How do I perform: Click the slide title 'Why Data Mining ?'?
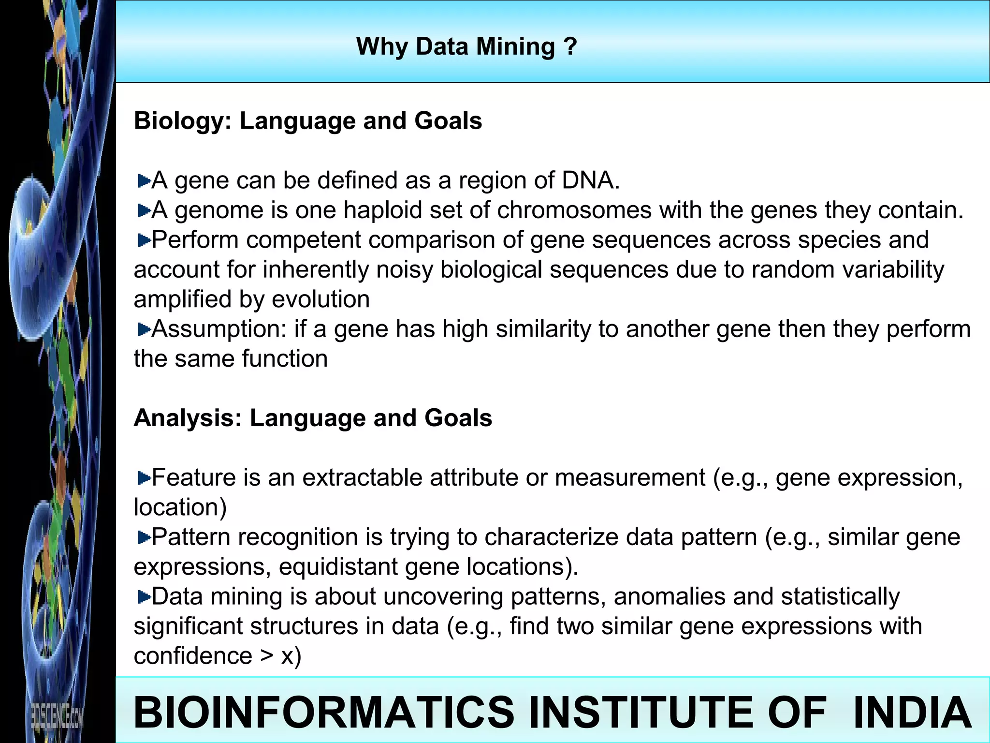466,47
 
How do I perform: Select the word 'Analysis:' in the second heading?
188,418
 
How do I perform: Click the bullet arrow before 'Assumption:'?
144,330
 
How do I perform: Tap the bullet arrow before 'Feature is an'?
144,478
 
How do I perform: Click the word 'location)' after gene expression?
180,507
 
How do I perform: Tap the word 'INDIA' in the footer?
913,712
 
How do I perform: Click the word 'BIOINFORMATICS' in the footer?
324,712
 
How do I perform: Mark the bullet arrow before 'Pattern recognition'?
144,537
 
